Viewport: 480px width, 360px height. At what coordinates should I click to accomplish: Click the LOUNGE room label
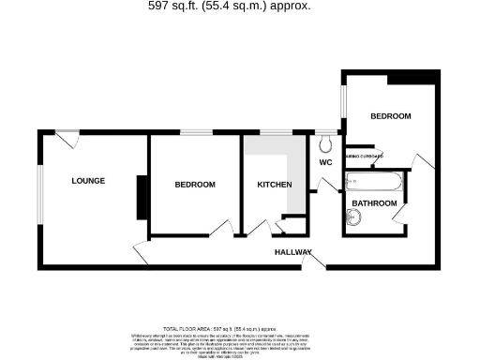(88, 180)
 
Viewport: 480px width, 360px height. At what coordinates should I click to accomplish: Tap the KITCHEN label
(275, 185)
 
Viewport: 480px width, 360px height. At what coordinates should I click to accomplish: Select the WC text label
(326, 162)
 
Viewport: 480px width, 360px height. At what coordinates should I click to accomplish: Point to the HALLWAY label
(293, 252)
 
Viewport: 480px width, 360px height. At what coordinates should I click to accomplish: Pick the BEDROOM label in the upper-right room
(391, 116)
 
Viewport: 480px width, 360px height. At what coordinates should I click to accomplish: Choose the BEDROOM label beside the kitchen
(195, 185)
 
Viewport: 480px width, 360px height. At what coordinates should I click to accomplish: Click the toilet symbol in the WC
(325, 143)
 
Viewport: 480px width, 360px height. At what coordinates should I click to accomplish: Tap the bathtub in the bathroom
(374, 182)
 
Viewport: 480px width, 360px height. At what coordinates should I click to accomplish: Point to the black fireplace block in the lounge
(141, 196)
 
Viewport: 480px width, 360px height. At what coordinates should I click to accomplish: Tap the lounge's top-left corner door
(65, 140)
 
